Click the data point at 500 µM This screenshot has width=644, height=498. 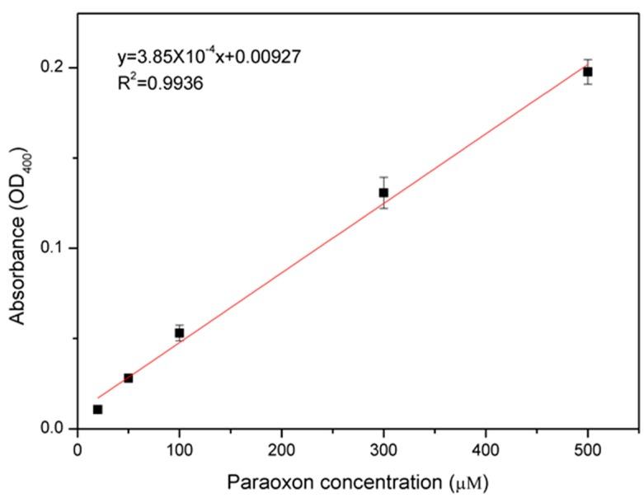588,72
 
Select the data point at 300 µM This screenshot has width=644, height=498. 383,193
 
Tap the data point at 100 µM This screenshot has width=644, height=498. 179,332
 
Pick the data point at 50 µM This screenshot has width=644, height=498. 128,378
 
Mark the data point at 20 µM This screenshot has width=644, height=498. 97,409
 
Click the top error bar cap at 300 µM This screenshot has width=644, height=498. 383,177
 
